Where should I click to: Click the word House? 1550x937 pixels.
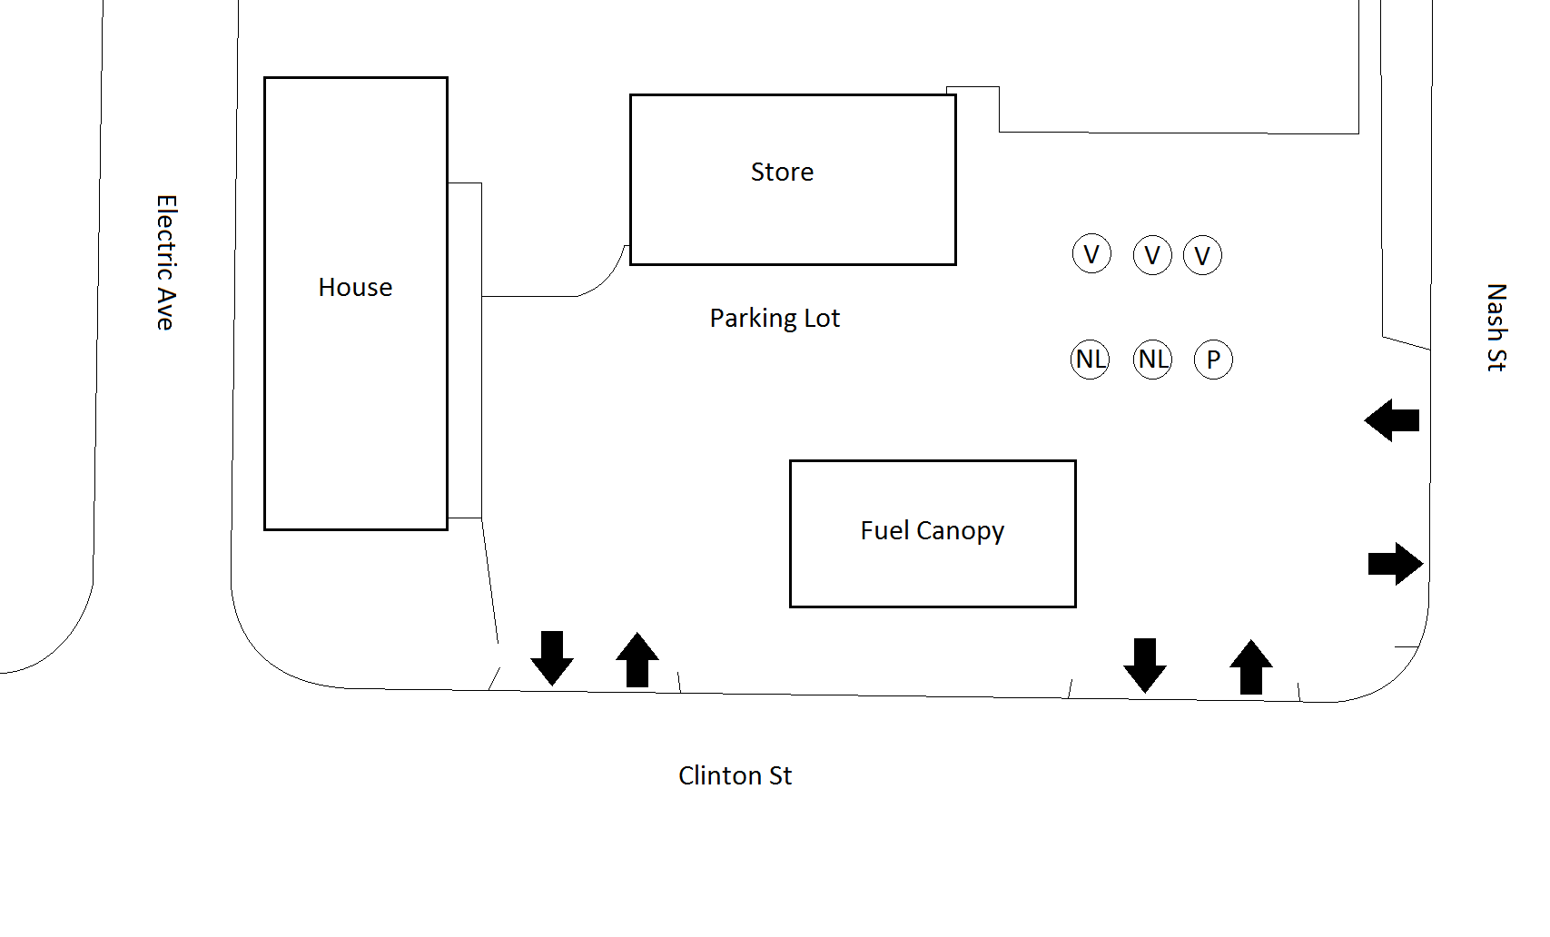pos(355,288)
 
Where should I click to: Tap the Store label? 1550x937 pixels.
pos(782,172)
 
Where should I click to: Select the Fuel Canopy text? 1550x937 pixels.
pos(932,530)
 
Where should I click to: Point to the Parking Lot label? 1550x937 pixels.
pos(775,318)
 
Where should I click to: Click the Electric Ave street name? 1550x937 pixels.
pos(165,262)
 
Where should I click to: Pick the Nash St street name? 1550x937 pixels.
pos(1496,327)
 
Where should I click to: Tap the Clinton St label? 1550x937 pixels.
pos(735,775)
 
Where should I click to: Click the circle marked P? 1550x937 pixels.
pos(1213,360)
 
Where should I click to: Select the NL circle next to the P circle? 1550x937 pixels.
pos(1153,360)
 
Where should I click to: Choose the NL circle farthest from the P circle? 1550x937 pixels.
pos(1091,360)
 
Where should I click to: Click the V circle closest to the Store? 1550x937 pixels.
pos(1091,254)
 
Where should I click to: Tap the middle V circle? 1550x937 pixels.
pos(1152,256)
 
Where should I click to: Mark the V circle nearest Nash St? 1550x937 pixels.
pos(1202,256)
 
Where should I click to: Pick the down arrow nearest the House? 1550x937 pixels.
pos(552,658)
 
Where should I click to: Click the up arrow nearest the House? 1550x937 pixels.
pos(637,659)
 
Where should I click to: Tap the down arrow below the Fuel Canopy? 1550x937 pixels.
pos(1145,666)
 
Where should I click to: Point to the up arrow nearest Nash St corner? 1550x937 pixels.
pos(1251,667)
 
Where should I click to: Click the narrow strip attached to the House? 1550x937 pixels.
pos(464,350)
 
